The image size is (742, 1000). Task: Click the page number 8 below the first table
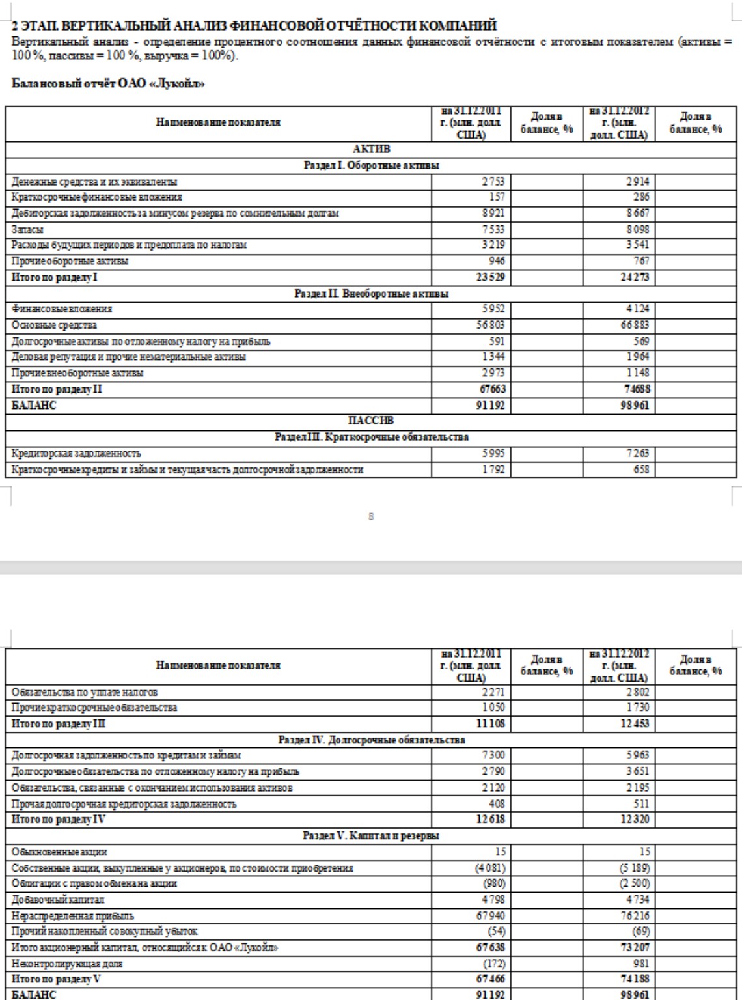coord(371,517)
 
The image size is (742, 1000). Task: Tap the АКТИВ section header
coord(371,149)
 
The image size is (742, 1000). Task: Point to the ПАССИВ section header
coord(371,421)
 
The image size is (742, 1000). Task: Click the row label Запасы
coord(25,229)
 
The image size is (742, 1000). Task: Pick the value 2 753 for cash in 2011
coord(493,182)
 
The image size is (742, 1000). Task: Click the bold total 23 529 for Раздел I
coord(491,277)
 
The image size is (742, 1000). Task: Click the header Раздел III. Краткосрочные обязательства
coord(371,437)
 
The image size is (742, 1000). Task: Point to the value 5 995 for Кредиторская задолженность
coord(493,453)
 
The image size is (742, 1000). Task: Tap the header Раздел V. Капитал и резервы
coord(371,835)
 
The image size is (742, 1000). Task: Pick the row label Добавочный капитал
coord(49,900)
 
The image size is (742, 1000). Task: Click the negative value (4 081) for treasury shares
coord(492,868)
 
